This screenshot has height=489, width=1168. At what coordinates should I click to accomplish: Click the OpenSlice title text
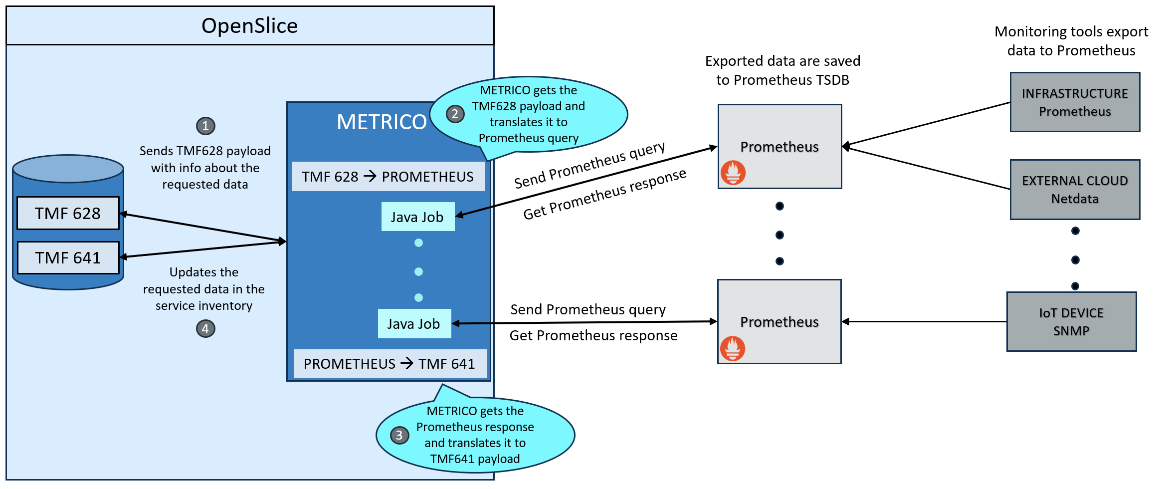tap(249, 26)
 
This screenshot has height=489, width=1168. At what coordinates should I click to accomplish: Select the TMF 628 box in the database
tap(68, 214)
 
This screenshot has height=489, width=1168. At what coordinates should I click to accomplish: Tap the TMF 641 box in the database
tap(68, 258)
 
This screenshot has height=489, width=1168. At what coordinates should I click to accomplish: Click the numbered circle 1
tap(205, 126)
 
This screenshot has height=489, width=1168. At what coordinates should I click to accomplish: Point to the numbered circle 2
tap(455, 114)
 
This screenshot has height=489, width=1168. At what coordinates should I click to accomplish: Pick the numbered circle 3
tap(399, 435)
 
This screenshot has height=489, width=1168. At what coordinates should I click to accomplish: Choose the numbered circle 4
tap(205, 329)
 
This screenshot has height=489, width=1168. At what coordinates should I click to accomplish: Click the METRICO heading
tap(382, 122)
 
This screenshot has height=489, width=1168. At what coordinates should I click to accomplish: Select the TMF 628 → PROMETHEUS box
tap(388, 177)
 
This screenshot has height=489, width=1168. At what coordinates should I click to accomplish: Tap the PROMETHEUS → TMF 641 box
tap(389, 364)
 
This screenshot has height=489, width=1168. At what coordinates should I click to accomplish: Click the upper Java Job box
tap(417, 217)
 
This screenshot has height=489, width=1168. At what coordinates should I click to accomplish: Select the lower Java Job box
tap(414, 324)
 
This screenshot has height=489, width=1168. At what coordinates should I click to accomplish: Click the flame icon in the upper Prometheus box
tap(733, 173)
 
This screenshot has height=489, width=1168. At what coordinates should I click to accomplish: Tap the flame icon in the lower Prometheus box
tap(733, 348)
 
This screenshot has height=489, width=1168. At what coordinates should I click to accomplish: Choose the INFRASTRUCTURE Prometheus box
tap(1075, 102)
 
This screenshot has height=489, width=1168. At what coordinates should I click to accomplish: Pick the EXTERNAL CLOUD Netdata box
tap(1075, 190)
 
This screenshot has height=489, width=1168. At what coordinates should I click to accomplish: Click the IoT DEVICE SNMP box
tap(1071, 322)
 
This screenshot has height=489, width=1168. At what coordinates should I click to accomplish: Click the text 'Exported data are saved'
tap(782, 61)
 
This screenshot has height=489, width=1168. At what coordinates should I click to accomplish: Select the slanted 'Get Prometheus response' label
tap(604, 195)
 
